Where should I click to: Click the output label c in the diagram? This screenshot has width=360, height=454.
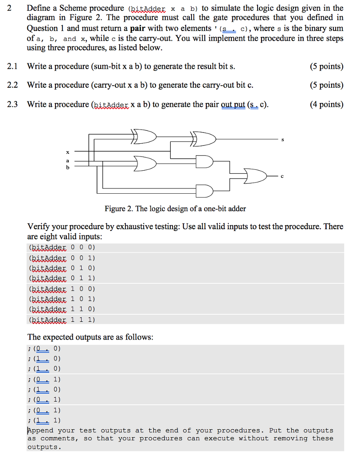click(x=282, y=176)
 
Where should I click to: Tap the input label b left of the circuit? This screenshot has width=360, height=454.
click(x=67, y=168)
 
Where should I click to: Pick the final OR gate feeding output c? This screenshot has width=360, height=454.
click(x=256, y=176)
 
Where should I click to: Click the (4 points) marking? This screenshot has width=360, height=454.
click(x=327, y=104)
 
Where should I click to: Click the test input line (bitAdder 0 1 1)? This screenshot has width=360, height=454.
click(x=62, y=278)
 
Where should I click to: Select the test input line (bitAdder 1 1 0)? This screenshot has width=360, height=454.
click(x=62, y=309)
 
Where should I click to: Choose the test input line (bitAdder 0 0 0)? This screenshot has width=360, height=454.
click(x=62, y=247)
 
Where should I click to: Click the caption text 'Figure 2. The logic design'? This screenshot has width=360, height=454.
click(x=175, y=208)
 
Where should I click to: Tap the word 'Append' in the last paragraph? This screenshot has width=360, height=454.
click(x=40, y=431)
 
